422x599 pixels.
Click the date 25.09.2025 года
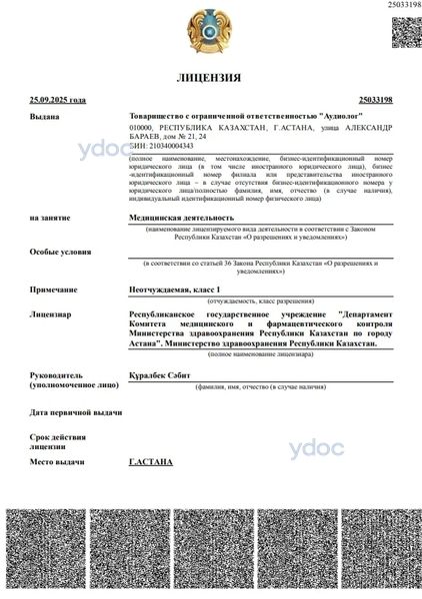pyautogui.click(x=58, y=100)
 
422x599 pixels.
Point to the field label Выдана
pyautogui.click(x=45, y=117)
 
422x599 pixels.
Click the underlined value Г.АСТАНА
pyautogui.click(x=151, y=462)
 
